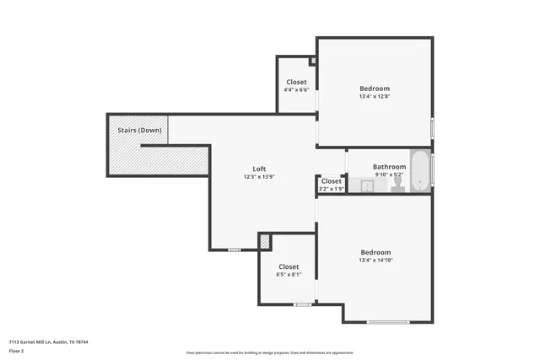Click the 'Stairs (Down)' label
(x=139, y=130)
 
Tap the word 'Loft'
(x=260, y=169)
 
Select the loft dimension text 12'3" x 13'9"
(x=260, y=176)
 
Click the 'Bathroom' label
(x=390, y=167)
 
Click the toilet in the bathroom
(x=397, y=185)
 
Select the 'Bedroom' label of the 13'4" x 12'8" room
(x=375, y=89)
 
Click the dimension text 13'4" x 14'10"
(x=375, y=261)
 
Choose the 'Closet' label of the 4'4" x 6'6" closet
(x=296, y=82)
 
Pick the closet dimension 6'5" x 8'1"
(x=289, y=274)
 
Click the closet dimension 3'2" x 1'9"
(x=332, y=188)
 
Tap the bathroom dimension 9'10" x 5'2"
(x=390, y=175)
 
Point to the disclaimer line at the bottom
(x=270, y=352)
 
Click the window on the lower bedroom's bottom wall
(x=388, y=322)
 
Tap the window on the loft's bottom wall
(x=235, y=250)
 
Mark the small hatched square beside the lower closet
(x=265, y=241)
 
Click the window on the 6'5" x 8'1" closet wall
(x=302, y=304)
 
